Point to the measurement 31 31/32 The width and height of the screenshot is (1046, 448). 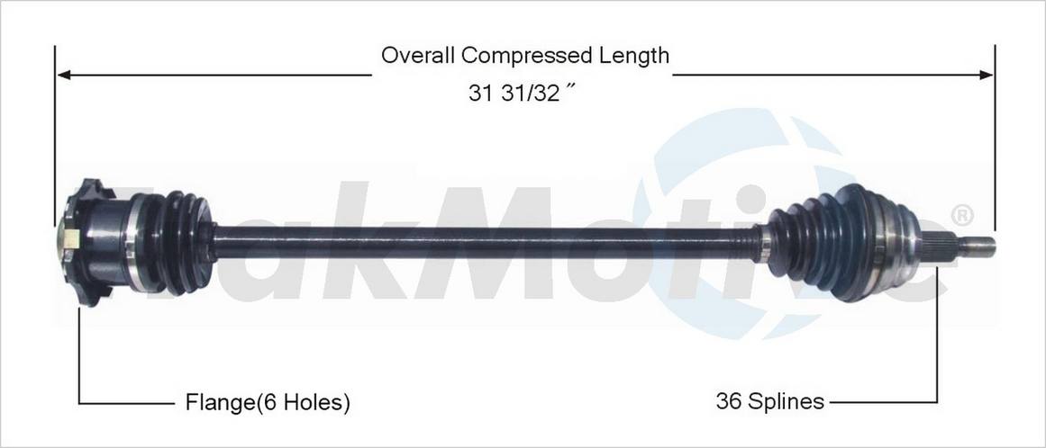(x=522, y=94)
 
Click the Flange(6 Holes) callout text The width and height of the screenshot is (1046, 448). (x=268, y=403)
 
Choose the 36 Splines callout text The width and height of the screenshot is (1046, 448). (x=769, y=401)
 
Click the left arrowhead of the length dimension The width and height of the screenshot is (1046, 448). (x=64, y=75)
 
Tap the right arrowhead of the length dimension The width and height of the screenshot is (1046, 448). (x=986, y=75)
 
